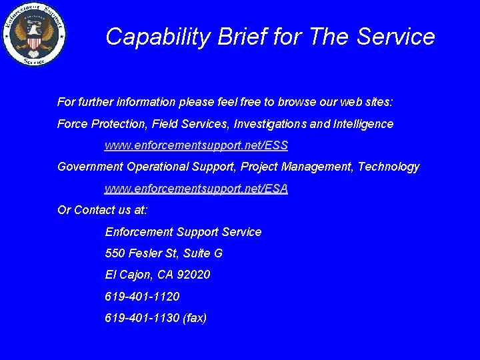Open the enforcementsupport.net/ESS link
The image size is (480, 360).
tap(196, 145)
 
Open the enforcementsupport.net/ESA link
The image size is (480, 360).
tap(196, 189)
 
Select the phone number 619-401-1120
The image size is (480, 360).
tap(142, 296)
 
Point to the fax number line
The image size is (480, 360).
tap(156, 318)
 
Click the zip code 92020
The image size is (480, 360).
tap(195, 275)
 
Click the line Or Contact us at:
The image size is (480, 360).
tap(103, 210)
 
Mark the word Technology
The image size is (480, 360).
tap(389, 167)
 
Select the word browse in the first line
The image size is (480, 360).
tap(297, 103)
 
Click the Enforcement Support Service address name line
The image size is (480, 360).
tap(183, 232)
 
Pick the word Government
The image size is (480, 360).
tap(90, 167)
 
